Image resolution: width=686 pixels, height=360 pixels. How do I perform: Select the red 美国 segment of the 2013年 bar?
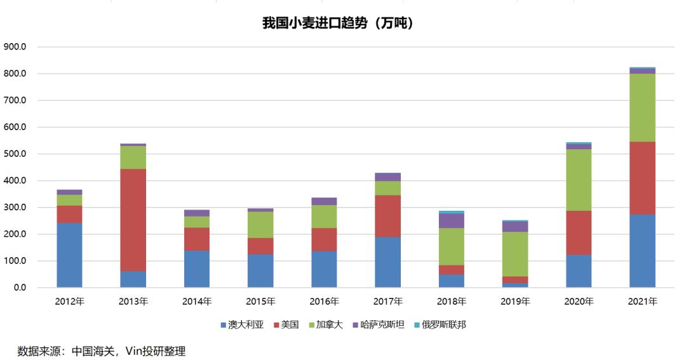133,220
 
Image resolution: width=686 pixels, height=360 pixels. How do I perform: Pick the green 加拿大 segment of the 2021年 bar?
642,107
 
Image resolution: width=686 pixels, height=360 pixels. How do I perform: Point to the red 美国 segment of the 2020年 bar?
579,232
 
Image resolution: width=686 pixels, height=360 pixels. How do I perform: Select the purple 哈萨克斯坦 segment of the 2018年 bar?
452,220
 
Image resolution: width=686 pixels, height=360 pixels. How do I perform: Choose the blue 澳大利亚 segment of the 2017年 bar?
387,262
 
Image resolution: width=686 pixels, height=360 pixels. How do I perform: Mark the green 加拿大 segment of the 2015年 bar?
260,225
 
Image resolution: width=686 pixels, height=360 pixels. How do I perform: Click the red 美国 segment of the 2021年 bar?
642,178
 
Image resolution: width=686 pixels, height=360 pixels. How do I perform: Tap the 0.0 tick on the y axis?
18,288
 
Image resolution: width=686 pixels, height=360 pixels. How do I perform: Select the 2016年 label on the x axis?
324,302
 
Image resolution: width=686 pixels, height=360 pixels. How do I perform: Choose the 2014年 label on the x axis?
197,302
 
